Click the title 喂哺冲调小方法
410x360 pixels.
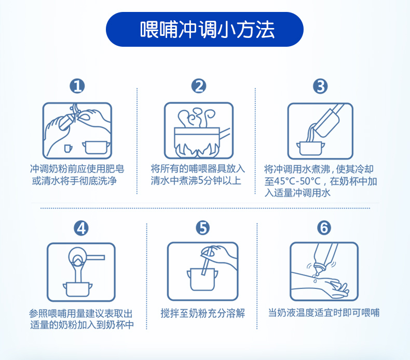(x=207, y=30)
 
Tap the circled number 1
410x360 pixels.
(x=77, y=86)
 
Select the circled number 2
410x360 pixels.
(x=199, y=86)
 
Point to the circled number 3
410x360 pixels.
(x=320, y=86)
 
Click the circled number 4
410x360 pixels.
(x=81, y=228)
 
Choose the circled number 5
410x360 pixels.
(x=202, y=228)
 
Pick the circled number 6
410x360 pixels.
(x=324, y=228)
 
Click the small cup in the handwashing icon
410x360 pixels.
(x=68, y=148)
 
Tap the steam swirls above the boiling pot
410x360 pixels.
(x=196, y=117)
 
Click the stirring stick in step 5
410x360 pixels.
(x=207, y=261)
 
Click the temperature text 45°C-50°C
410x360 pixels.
(x=297, y=181)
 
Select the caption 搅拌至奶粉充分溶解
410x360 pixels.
(x=203, y=313)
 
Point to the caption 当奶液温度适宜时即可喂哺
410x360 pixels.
(x=324, y=313)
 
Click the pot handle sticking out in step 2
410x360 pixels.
(x=225, y=133)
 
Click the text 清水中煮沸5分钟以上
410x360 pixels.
(x=196, y=181)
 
